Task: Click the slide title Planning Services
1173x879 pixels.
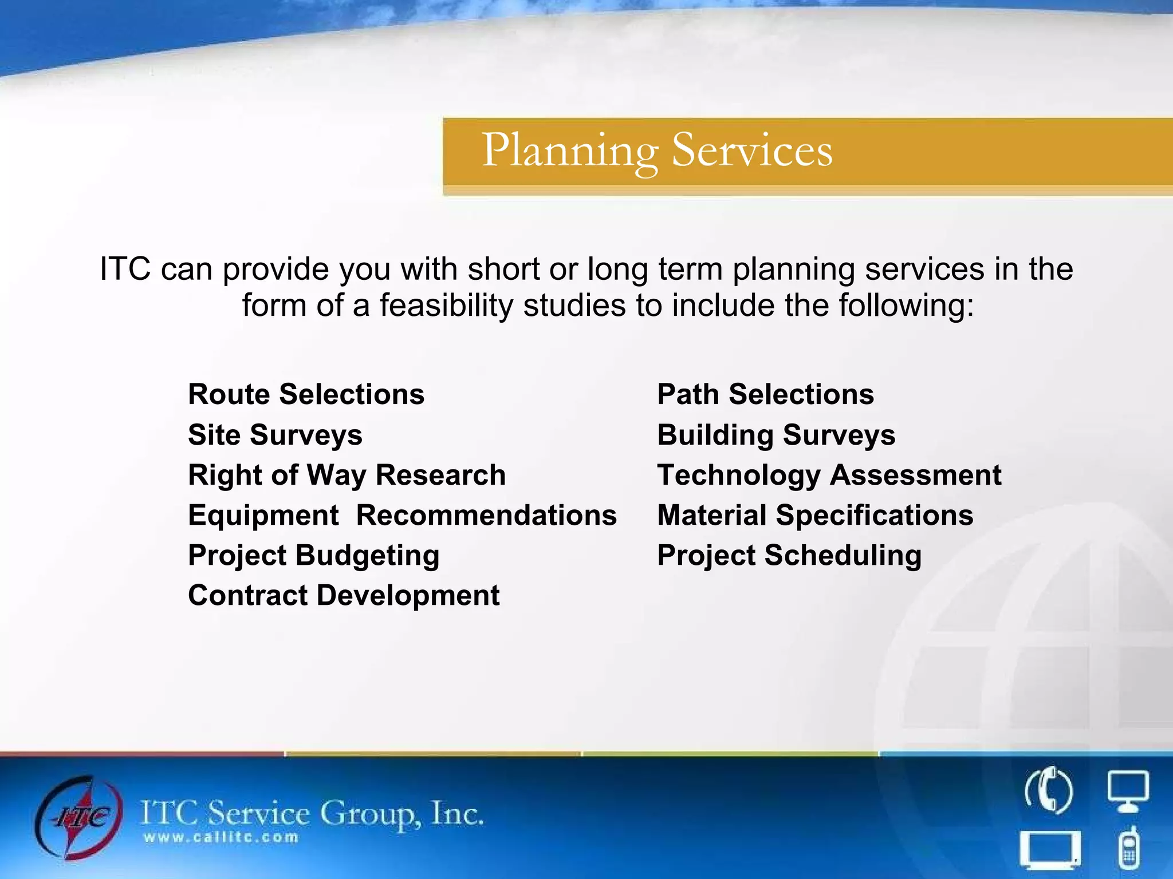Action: [x=657, y=151]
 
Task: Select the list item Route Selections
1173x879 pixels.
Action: [x=306, y=395]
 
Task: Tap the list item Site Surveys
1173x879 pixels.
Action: [x=275, y=435]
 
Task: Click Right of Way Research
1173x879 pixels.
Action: [x=347, y=475]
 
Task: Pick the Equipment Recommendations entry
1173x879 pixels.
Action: [x=402, y=515]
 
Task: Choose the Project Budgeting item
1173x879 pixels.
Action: [x=313, y=556]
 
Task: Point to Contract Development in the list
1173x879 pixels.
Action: [x=344, y=596]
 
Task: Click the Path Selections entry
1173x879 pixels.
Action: [x=765, y=395]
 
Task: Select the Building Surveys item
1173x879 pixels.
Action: [x=776, y=435]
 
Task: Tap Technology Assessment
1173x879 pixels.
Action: [x=829, y=475]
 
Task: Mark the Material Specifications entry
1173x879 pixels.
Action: [x=815, y=515]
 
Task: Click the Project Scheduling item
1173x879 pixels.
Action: [x=789, y=556]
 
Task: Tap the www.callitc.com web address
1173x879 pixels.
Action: [x=221, y=838]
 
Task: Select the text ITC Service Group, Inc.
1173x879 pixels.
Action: [x=312, y=813]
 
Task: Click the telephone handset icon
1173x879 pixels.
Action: [x=1048, y=792]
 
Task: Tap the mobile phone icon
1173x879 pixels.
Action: [x=1128, y=848]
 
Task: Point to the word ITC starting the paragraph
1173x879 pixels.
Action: [x=125, y=269]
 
